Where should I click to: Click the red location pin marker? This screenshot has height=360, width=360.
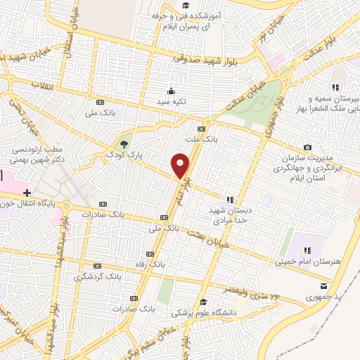click(x=181, y=166)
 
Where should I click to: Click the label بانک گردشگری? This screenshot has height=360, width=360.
click(x=98, y=277)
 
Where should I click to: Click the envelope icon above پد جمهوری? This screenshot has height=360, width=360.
click(x=323, y=286)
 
